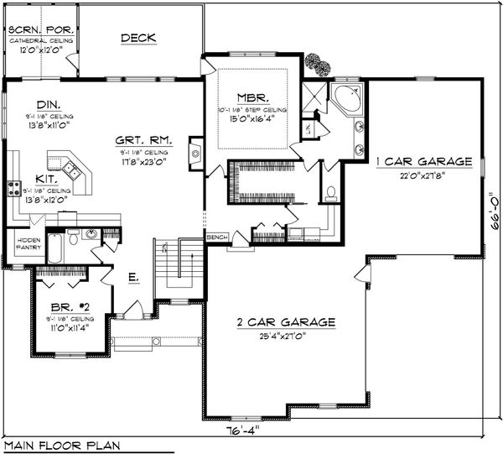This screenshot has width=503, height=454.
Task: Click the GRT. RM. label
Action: pos(144,141)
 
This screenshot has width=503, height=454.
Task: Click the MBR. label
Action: pos(251,96)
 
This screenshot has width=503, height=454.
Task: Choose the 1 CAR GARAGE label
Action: pos(423,160)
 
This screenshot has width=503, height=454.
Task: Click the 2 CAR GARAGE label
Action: pos(288,321)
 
